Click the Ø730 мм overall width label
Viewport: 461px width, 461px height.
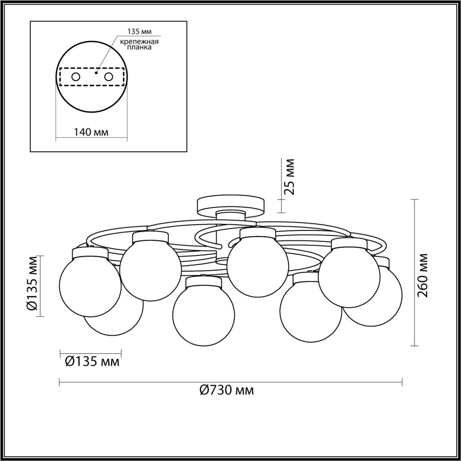coord(227,390)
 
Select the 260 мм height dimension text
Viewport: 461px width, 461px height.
coord(422,275)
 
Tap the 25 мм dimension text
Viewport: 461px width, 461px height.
coord(289,177)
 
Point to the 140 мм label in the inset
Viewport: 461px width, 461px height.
coord(91,132)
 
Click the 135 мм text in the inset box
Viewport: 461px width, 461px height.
coord(139,32)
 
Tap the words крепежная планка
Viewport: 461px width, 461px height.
coord(139,45)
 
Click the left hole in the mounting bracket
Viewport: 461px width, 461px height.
coord(76,77)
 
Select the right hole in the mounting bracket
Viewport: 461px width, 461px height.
coord(109,77)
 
